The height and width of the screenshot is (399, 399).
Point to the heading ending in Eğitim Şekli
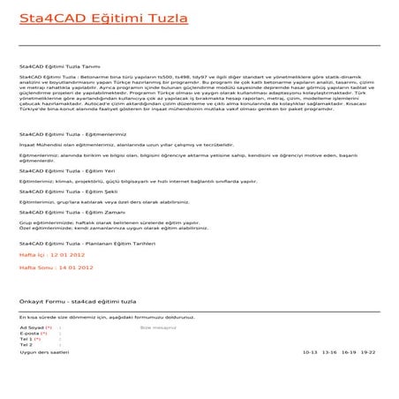tap(63, 215)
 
